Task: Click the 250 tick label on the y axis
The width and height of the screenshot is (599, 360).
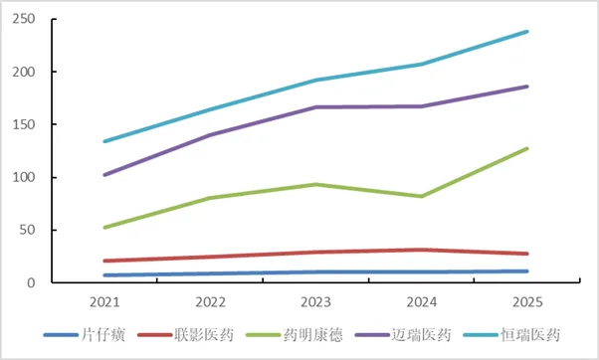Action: [x=24, y=19]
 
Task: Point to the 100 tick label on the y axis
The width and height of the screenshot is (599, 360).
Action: [x=24, y=177]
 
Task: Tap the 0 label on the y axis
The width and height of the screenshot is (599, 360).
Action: [x=31, y=282]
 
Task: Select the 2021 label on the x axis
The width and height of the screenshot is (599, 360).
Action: [x=104, y=302]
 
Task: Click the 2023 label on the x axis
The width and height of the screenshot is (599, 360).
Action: [x=315, y=302]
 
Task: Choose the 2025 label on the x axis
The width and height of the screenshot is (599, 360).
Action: [x=527, y=302]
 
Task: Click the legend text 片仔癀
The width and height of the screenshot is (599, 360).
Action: [x=103, y=335]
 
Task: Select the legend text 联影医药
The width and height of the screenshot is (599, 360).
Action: [x=204, y=335]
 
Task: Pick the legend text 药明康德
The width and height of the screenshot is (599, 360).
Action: [x=312, y=335]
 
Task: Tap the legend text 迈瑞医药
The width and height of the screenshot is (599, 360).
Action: [x=421, y=335]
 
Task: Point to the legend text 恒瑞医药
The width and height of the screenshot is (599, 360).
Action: [x=530, y=335]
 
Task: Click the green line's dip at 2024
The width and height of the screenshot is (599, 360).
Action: [x=421, y=196]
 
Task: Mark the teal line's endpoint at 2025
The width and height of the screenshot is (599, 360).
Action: [x=526, y=32]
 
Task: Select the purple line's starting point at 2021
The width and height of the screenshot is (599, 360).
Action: [x=105, y=175]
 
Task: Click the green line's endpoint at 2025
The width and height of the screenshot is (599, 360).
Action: [x=526, y=148]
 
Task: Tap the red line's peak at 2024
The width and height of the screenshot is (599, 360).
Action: [x=421, y=250]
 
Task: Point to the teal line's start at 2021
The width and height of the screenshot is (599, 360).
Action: [x=105, y=141]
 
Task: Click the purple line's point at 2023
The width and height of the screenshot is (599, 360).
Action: [x=316, y=107]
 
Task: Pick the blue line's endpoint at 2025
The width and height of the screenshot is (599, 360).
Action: [x=526, y=271]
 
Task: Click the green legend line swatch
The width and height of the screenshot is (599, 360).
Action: [x=264, y=335]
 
